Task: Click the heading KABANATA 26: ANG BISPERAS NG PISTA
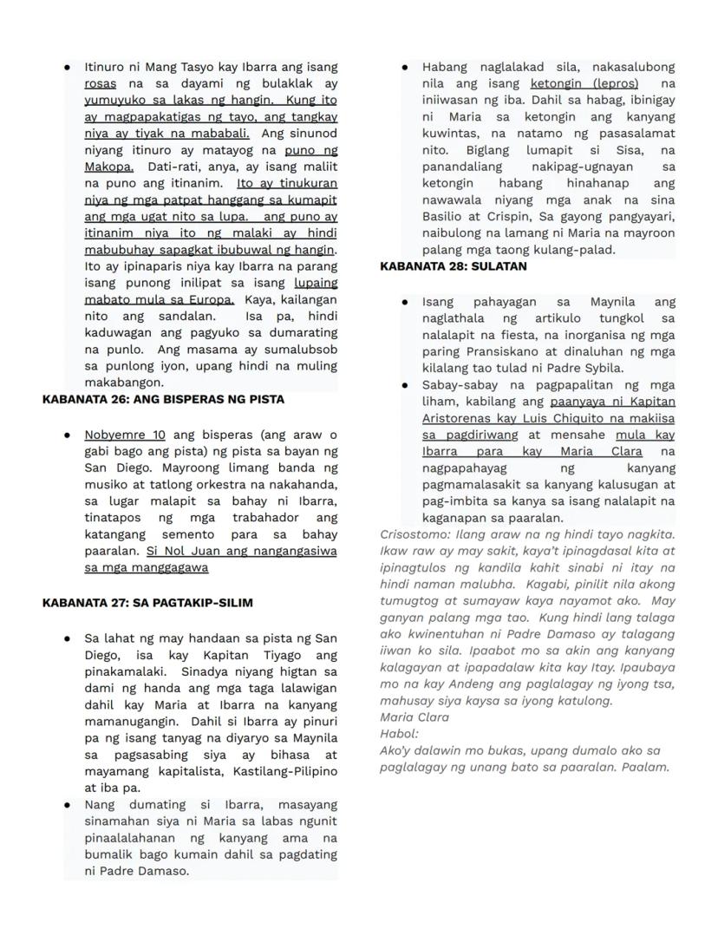coord(163,400)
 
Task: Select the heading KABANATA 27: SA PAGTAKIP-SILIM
coord(147,603)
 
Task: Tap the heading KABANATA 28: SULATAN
coord(454,267)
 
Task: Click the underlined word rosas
coord(101,84)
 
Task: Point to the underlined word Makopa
coord(108,167)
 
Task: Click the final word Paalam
coord(646,768)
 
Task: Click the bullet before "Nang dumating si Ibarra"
coord(68,805)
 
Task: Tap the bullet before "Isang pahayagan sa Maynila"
coord(405,302)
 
